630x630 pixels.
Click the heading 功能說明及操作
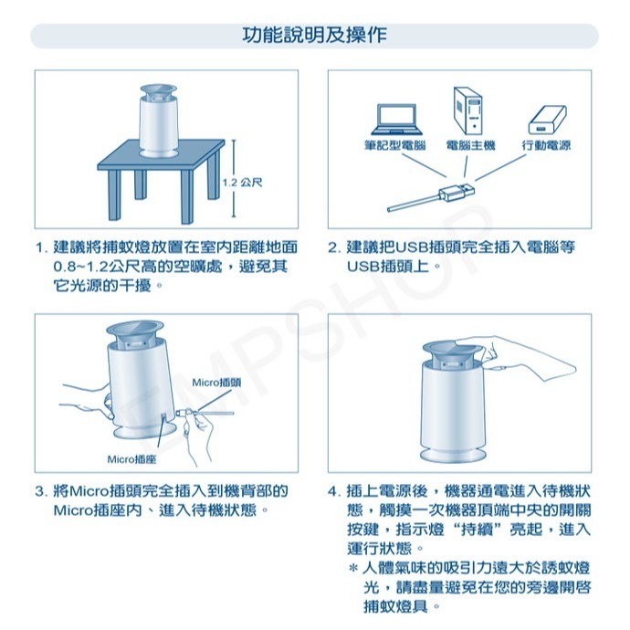[314, 36]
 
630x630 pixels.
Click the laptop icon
[396, 118]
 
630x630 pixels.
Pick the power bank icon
[546, 121]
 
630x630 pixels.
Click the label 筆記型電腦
[395, 146]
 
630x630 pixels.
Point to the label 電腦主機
[470, 146]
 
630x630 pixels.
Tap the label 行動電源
[546, 146]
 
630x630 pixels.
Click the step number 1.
[39, 248]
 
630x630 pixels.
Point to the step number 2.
[333, 248]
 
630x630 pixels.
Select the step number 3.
[39, 491]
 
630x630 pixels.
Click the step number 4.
[333, 491]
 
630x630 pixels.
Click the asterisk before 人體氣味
[352, 569]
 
